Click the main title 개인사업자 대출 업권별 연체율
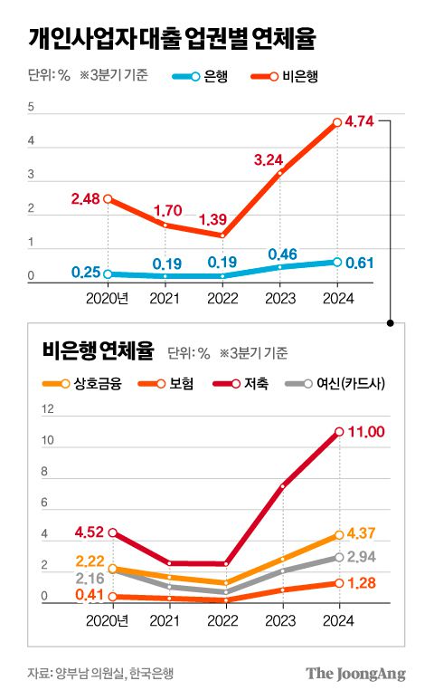172,38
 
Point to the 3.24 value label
270,159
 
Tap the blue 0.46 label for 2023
284,254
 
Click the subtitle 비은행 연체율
98,350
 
